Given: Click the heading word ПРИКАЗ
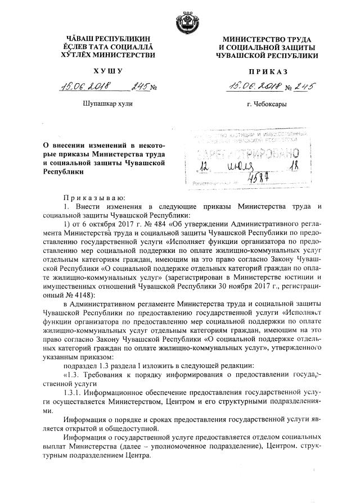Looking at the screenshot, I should tap(265, 72).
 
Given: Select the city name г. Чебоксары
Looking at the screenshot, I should tap(265, 105).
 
